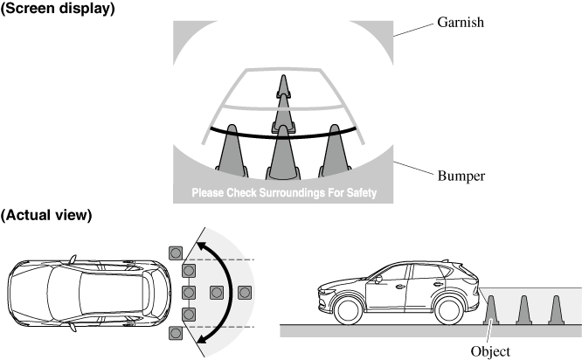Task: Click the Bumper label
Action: click(x=461, y=176)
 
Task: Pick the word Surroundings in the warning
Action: click(x=291, y=192)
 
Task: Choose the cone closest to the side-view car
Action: click(x=492, y=310)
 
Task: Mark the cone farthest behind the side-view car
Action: click(x=555, y=310)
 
